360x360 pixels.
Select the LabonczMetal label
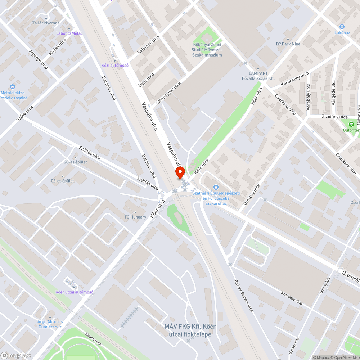click(x=69, y=33)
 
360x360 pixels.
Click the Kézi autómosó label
click(x=115, y=65)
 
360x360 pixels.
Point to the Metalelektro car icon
click(x=13, y=87)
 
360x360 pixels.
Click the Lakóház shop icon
click(x=342, y=26)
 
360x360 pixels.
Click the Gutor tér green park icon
click(x=351, y=124)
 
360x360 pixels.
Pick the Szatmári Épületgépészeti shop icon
click(x=216, y=187)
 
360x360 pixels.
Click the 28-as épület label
click(x=75, y=162)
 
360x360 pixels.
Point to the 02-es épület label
click(x=62, y=181)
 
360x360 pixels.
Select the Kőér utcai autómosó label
click(x=75, y=292)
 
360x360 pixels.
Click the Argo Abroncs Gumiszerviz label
click(x=50, y=324)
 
